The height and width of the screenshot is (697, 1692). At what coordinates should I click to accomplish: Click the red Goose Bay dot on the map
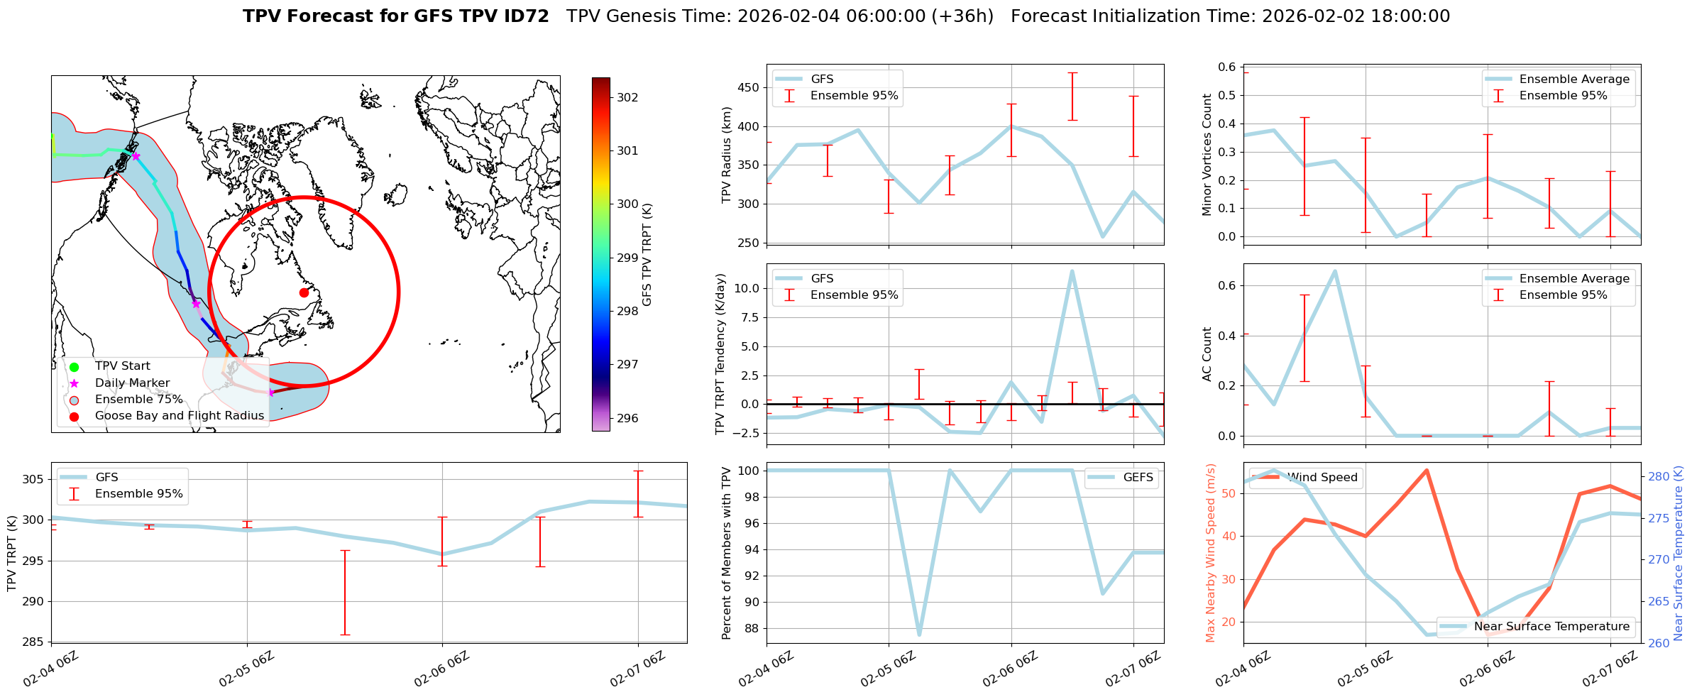pos(304,292)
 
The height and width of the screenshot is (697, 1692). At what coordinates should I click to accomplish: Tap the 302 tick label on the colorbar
pos(627,98)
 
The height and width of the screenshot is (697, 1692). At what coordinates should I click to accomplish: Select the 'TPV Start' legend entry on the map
pos(122,366)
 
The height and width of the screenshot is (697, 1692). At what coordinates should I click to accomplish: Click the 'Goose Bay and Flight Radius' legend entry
pos(179,416)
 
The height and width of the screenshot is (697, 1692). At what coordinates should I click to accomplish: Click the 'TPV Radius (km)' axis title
pos(726,155)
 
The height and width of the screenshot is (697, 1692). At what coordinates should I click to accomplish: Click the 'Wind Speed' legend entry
pos(1322,478)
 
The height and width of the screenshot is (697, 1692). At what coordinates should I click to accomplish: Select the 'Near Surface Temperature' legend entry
pos(1551,627)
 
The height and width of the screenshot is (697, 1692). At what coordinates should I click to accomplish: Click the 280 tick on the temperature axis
pos(1659,476)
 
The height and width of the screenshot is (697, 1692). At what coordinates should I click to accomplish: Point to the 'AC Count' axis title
pos(1207,354)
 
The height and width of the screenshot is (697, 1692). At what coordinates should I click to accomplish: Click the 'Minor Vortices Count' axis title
pos(1207,155)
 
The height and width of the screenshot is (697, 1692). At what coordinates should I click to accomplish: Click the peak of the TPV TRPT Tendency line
pos(1072,271)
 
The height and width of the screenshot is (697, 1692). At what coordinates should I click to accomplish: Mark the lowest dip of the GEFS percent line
pos(919,635)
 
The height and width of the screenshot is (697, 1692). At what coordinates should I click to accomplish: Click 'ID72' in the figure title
pos(524,16)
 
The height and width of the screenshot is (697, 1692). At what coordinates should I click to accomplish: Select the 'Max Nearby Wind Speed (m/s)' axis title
pos(1210,553)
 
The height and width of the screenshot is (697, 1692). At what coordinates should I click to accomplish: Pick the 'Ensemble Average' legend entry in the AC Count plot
pos(1574,279)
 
